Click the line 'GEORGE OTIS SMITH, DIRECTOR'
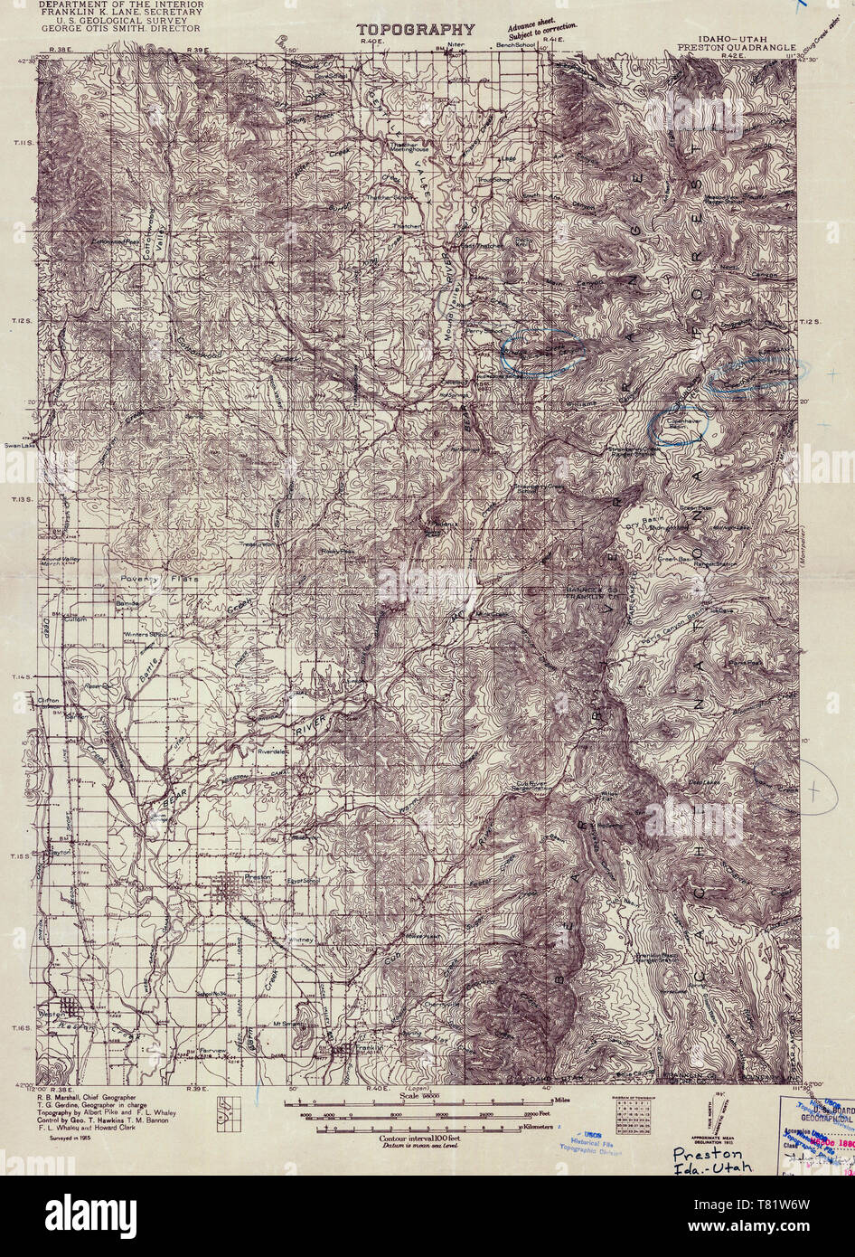tap(120, 28)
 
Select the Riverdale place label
tap(271, 751)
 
